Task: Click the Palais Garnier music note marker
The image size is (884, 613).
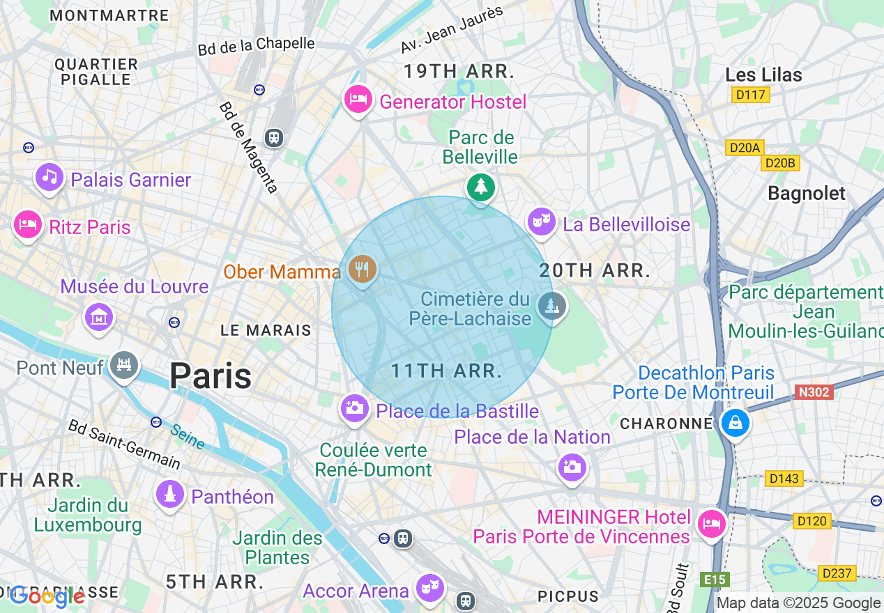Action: tap(49, 176)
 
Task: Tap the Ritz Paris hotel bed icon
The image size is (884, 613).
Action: tap(27, 224)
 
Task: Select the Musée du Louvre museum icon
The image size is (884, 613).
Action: tap(98, 317)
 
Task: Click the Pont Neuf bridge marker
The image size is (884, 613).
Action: tap(124, 364)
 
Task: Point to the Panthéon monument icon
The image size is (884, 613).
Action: tap(169, 495)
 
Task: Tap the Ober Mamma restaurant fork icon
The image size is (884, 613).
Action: tap(361, 268)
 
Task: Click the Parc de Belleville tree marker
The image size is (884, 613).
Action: tap(480, 187)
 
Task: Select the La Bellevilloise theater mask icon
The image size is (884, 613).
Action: tap(541, 222)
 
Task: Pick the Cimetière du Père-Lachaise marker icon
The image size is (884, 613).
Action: tap(551, 305)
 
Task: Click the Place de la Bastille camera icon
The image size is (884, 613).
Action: tap(354, 408)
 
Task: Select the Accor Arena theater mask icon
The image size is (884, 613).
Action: tap(429, 587)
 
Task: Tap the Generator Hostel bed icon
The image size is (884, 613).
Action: tap(358, 99)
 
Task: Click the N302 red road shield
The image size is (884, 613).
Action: tap(814, 392)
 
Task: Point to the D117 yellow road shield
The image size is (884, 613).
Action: tap(751, 95)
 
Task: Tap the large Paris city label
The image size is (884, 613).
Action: tap(210, 376)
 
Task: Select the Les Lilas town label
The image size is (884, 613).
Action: tap(763, 75)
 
